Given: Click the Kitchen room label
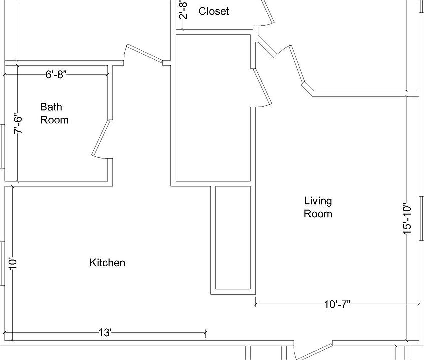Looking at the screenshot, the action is point(107,263).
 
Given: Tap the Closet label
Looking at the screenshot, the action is point(214,11).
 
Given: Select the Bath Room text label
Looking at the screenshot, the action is point(54,113).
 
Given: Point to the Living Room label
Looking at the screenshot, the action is point(318,207).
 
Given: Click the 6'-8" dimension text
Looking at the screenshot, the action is point(56,75).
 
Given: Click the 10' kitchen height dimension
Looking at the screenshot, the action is point(13,263).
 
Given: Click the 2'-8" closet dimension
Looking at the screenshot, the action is point(183,10).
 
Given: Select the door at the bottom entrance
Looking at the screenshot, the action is point(313,350).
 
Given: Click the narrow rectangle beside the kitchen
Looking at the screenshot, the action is point(233,238).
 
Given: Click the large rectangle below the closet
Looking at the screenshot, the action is point(213,107).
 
